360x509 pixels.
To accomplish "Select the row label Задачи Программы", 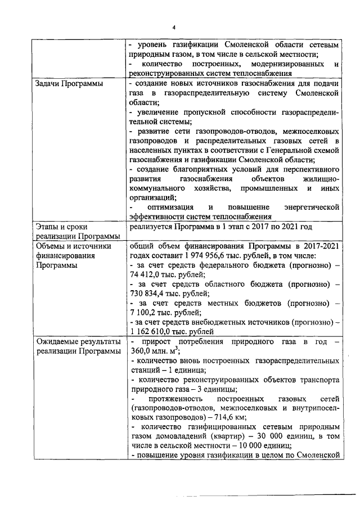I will [65, 83].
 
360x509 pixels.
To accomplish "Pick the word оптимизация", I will [170, 208].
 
